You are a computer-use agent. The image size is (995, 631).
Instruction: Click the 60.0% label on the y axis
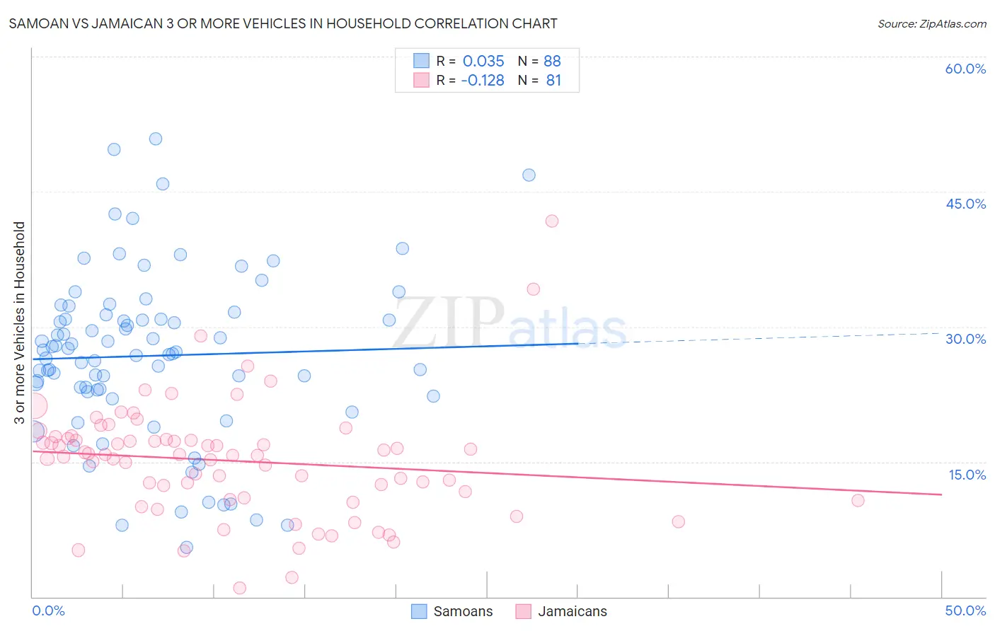(x=965, y=69)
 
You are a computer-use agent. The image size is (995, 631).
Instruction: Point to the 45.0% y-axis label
(x=965, y=204)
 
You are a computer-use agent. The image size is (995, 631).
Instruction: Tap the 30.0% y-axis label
(x=965, y=339)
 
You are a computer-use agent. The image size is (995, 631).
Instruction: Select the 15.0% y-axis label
(x=967, y=475)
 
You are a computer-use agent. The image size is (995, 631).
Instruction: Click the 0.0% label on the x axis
(x=48, y=610)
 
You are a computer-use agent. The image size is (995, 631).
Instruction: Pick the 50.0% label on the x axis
(x=965, y=610)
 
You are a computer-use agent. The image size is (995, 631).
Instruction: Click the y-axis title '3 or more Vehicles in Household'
(x=19, y=323)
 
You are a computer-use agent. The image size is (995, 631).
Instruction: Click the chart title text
(x=283, y=23)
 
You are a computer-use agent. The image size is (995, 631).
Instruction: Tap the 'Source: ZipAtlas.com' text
(x=931, y=23)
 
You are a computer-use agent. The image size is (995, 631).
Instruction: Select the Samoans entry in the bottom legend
(x=452, y=611)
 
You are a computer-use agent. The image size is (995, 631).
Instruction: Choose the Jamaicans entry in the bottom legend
(x=561, y=611)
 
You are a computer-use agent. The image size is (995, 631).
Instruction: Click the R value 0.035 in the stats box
(x=483, y=61)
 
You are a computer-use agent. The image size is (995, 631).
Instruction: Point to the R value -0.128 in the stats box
(x=483, y=81)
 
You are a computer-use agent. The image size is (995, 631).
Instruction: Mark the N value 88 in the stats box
(x=552, y=61)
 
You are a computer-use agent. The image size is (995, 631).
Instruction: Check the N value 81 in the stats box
(x=553, y=81)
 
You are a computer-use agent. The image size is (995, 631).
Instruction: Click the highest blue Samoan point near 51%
(x=156, y=139)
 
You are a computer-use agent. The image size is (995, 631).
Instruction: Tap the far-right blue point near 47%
(x=529, y=175)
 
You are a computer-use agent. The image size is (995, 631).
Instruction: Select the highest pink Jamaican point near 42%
(x=552, y=221)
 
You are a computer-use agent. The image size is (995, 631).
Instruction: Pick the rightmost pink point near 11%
(x=858, y=500)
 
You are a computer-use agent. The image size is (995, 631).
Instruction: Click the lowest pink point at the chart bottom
(x=240, y=588)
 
